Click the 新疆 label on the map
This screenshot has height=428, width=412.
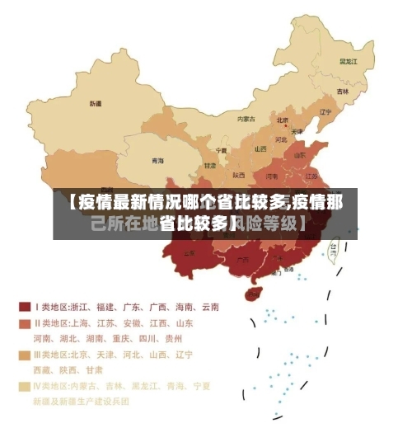coord(95,104)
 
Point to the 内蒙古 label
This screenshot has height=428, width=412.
coord(246,119)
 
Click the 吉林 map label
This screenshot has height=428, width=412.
coord(342,91)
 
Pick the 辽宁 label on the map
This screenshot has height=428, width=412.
coord(325,112)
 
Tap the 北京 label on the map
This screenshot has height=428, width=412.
coord(283,120)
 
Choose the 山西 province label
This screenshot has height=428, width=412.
coord(260,149)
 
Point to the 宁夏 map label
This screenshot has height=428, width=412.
coord(222,151)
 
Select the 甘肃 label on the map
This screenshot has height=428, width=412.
coord(210,165)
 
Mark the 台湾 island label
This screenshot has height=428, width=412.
coord(333,246)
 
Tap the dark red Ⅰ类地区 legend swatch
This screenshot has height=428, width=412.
coord(25,307)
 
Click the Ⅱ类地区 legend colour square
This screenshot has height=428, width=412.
coord(25,323)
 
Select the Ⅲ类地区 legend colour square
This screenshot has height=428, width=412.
coord(25,355)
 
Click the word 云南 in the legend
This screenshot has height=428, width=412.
coord(208,307)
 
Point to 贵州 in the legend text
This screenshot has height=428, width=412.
coord(173,338)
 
